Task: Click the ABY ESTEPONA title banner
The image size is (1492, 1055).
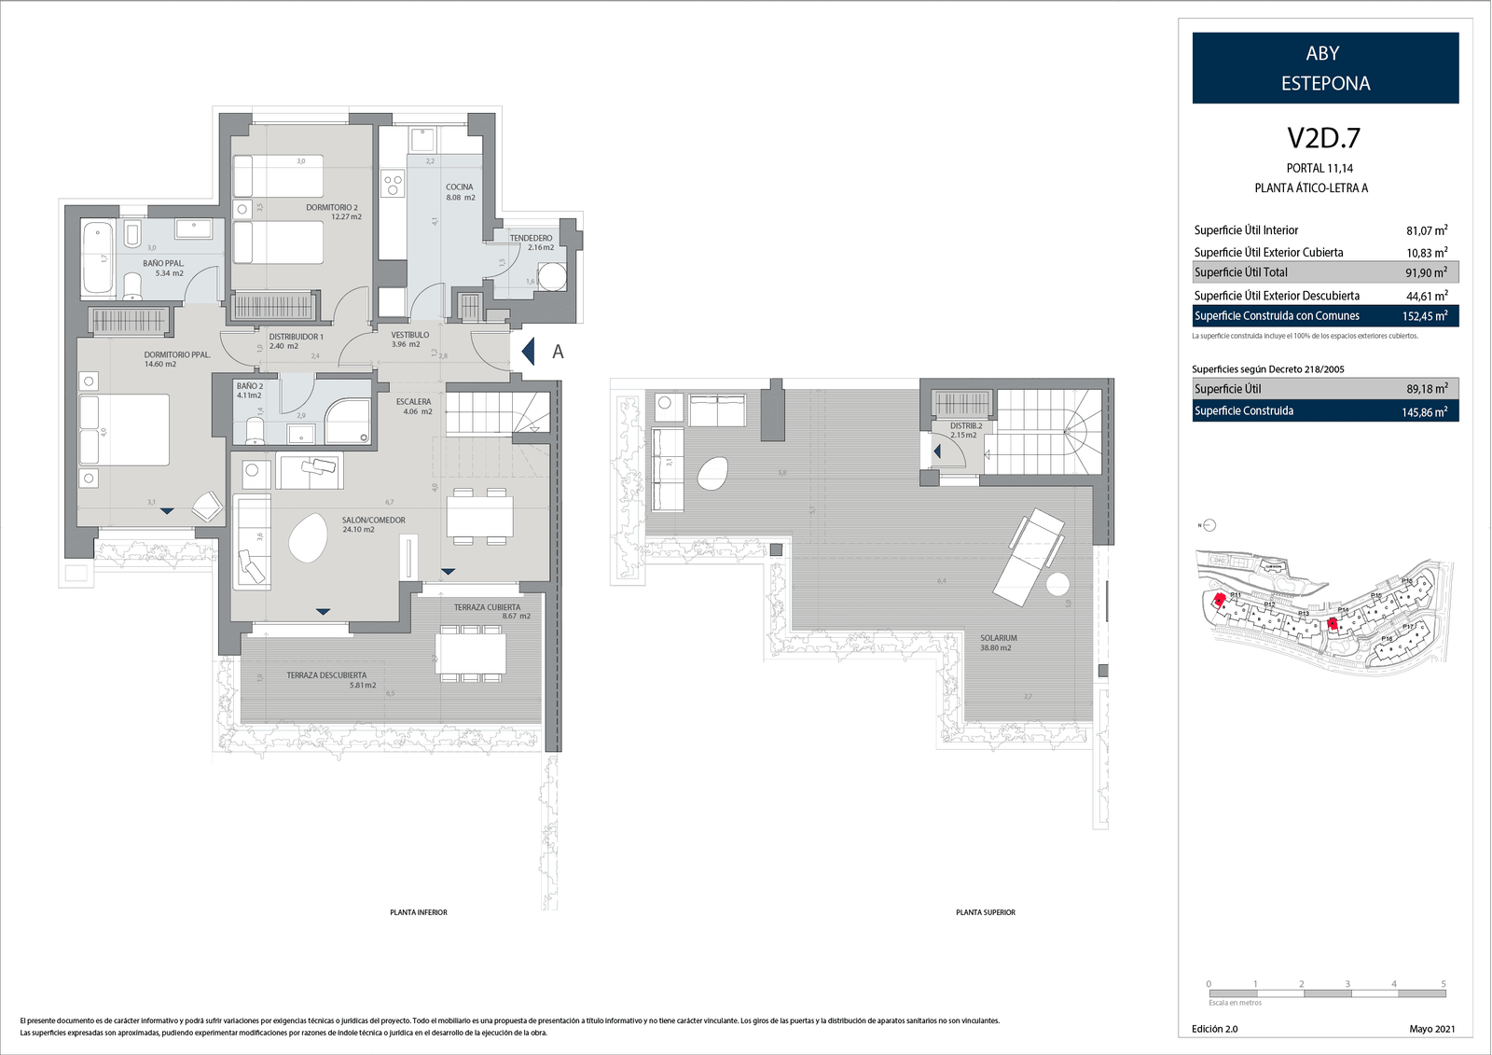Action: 1324,68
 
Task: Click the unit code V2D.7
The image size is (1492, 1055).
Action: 1323,138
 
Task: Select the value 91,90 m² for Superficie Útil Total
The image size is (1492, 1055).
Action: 1426,272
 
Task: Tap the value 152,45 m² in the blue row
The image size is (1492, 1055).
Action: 1424,316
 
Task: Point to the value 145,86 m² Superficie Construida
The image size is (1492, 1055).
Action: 1424,411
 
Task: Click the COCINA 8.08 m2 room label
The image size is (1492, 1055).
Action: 460,192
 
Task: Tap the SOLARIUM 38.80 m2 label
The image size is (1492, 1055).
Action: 998,643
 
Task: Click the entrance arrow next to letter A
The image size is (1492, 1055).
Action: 528,352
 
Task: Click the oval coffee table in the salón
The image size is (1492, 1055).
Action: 308,538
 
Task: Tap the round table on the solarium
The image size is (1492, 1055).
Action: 1057,585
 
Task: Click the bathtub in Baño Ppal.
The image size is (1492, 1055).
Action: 97,257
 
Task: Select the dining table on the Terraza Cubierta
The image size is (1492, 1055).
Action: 471,652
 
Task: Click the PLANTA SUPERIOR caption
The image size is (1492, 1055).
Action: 985,912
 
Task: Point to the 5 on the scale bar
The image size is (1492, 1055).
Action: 1443,984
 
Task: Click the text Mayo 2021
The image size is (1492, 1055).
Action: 1431,1029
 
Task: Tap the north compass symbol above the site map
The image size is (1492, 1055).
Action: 1209,525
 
